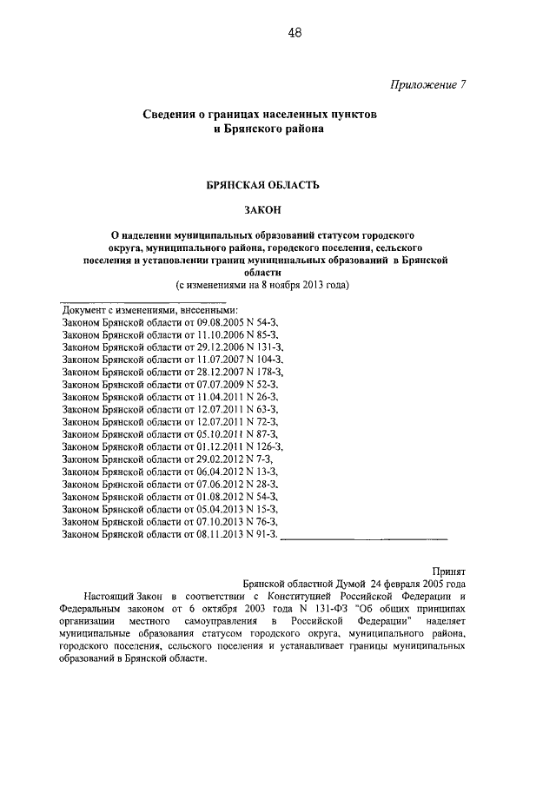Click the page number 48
click(x=295, y=33)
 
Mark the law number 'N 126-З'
click(x=267, y=446)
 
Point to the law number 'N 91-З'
click(x=264, y=532)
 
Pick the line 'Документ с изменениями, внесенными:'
click(x=149, y=309)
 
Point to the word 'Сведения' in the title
click(x=169, y=115)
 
